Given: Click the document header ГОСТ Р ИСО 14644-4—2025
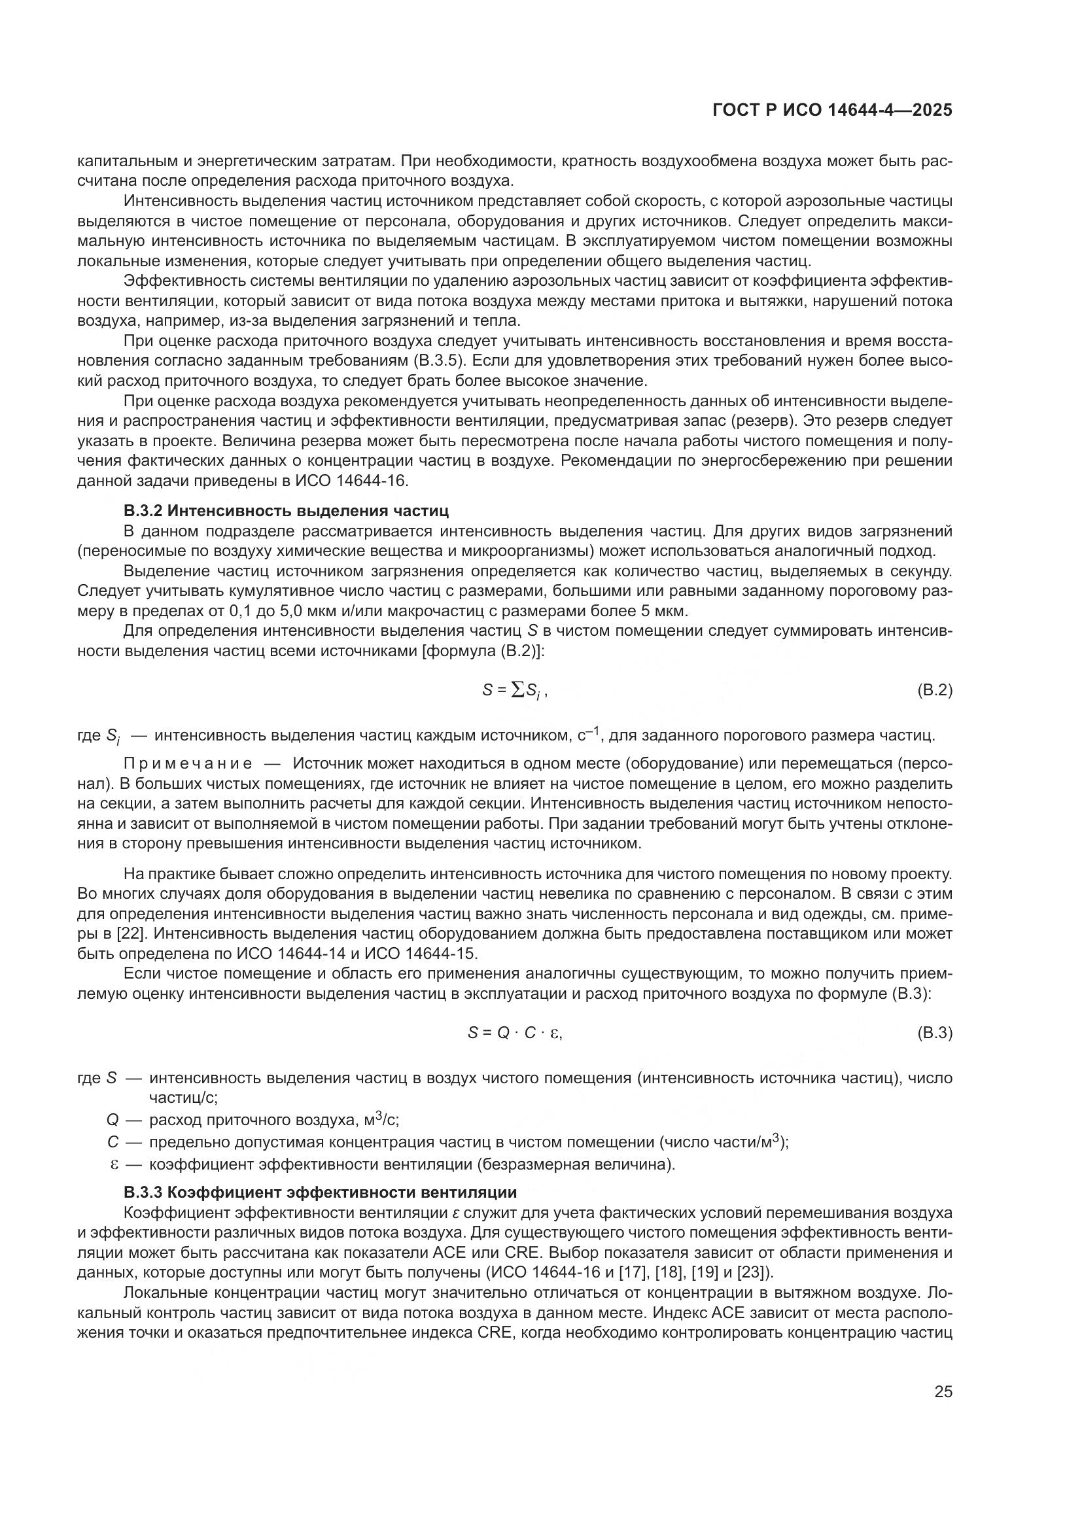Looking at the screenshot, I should tap(832, 111).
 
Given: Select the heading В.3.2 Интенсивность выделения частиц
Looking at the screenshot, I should tap(286, 511).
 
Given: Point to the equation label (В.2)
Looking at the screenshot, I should tap(934, 690).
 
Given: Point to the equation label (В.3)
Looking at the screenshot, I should tap(934, 1033).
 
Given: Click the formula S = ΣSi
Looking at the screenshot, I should tap(514, 691).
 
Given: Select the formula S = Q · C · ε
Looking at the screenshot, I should tap(514, 1033).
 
